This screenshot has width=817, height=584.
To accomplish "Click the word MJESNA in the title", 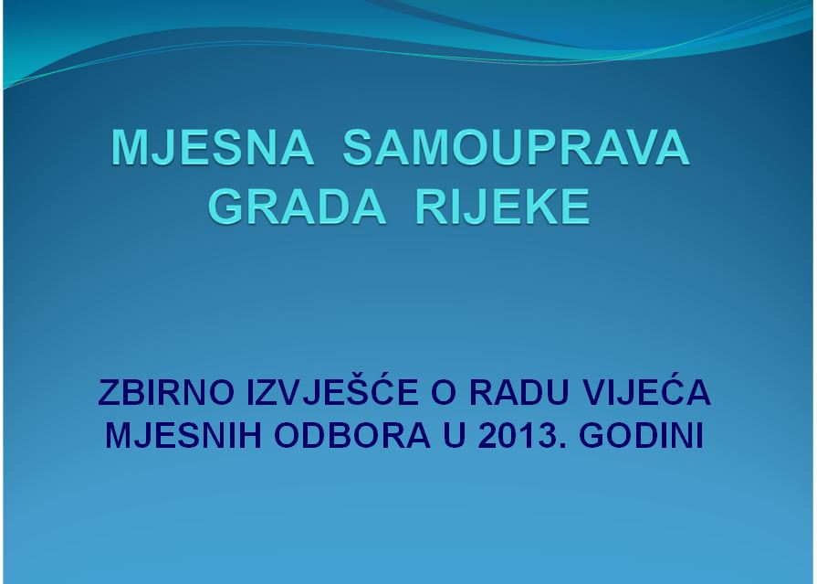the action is coord(213,148).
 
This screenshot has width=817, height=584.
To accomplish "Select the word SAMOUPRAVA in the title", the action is coord(516,148).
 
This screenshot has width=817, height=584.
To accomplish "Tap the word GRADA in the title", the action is coord(298,207).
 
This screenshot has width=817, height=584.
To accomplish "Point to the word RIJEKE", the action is coord(502,207).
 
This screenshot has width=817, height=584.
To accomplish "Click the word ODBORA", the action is coord(352,435).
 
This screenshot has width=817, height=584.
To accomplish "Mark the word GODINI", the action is coord(642,435).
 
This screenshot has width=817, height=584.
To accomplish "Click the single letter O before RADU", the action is coord(444,392).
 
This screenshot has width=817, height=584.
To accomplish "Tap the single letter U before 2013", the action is coord(455,435).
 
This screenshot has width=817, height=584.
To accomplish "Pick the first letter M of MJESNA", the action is coord(129,148).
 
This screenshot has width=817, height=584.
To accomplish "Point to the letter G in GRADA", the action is coord(226,207).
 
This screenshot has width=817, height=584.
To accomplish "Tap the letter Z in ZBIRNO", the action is coord(108,392).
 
